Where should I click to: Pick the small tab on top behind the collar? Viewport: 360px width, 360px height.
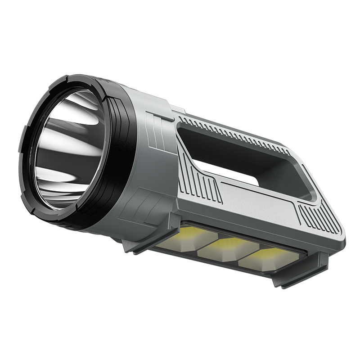[x=177, y=109]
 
